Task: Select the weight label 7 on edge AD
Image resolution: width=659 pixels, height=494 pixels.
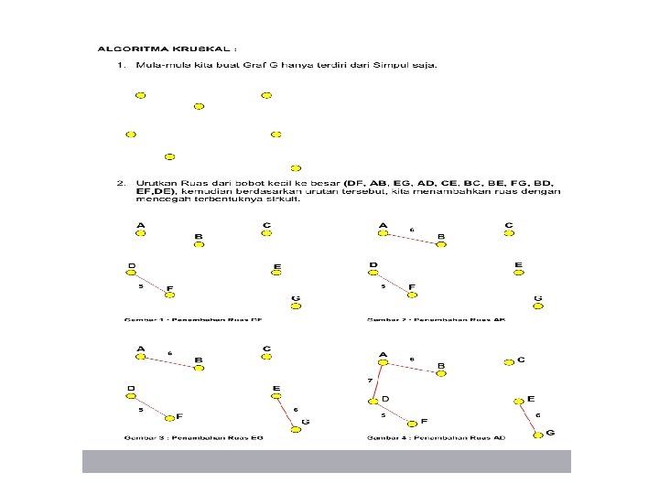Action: point(370,380)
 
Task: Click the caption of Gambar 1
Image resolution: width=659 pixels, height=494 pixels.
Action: point(194,319)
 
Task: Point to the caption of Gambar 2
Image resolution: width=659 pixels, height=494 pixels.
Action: point(436,319)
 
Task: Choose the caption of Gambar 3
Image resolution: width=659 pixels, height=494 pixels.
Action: point(194,437)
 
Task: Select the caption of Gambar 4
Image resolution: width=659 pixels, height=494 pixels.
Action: point(436,437)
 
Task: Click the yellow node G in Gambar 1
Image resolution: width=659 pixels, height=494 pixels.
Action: point(296,307)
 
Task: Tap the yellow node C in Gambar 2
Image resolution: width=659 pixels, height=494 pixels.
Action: point(509,233)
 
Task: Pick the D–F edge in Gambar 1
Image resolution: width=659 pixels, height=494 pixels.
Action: point(151,282)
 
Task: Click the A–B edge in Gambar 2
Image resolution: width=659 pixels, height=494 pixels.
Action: point(411,238)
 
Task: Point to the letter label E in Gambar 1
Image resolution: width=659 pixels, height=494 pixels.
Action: point(277,267)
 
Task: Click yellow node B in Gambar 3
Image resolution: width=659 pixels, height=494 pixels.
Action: point(200,368)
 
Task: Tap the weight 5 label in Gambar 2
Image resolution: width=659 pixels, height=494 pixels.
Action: point(383,286)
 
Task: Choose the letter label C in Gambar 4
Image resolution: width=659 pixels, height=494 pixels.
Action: point(521,360)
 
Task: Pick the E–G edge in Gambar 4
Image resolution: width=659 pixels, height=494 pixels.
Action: point(528,416)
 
